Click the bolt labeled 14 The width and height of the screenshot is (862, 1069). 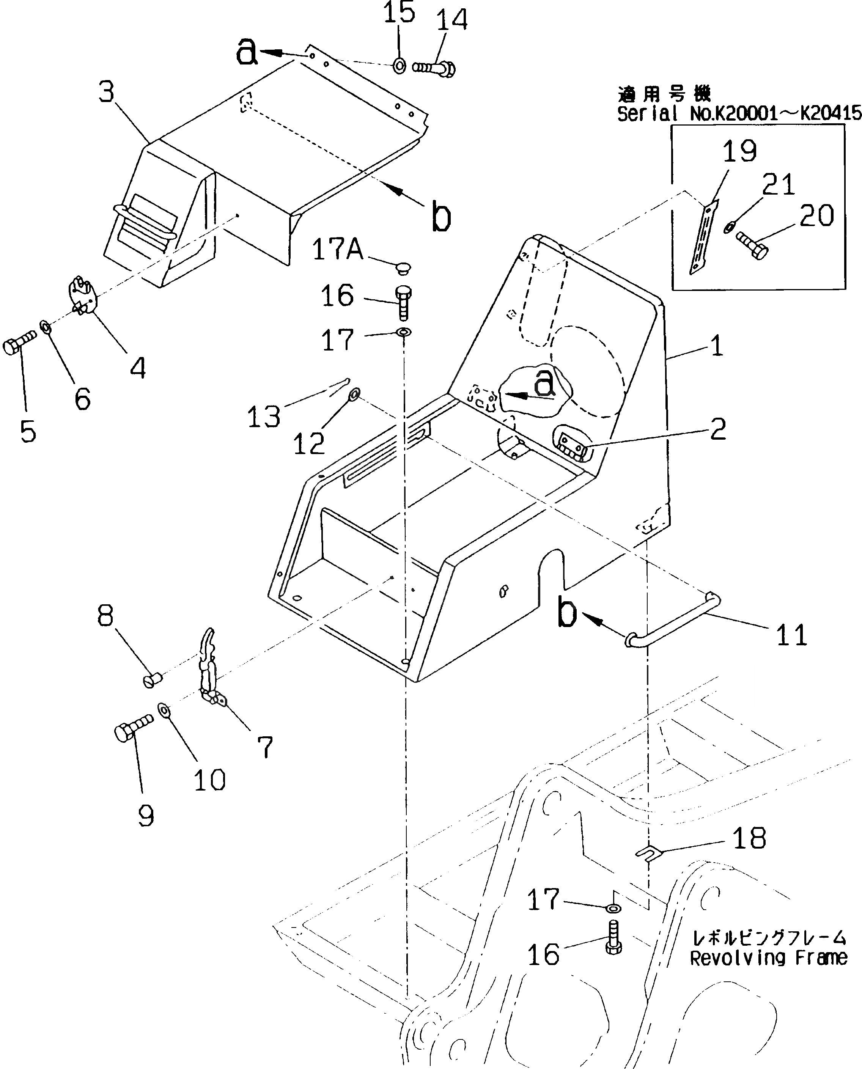[434, 67]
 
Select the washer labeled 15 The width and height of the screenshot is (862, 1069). [399, 65]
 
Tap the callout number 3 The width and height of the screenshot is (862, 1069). [106, 92]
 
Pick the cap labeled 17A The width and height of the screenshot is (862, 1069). [404, 269]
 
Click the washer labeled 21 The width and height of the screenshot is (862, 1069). [728, 227]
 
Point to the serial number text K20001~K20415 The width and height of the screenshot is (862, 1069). [775, 114]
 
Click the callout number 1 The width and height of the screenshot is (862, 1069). [716, 346]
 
